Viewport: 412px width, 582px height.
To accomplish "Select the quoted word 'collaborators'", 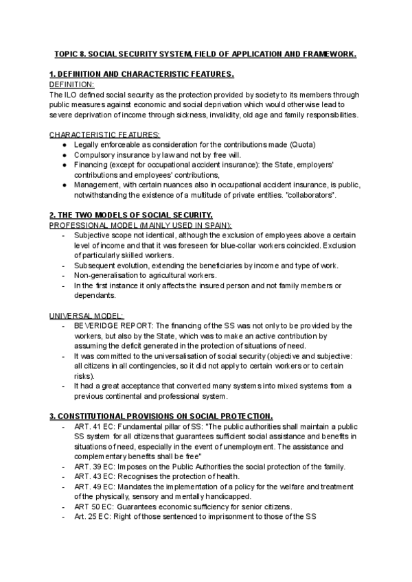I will [310, 196].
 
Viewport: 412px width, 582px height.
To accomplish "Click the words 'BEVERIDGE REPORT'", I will [110, 325].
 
